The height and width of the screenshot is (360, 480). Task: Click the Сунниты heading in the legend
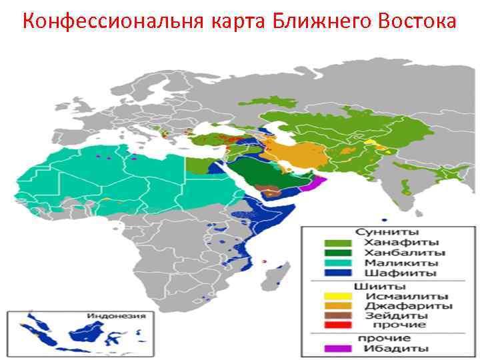pyautogui.click(x=386, y=233)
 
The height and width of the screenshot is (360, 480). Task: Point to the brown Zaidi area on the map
pyautogui.click(x=271, y=191)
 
